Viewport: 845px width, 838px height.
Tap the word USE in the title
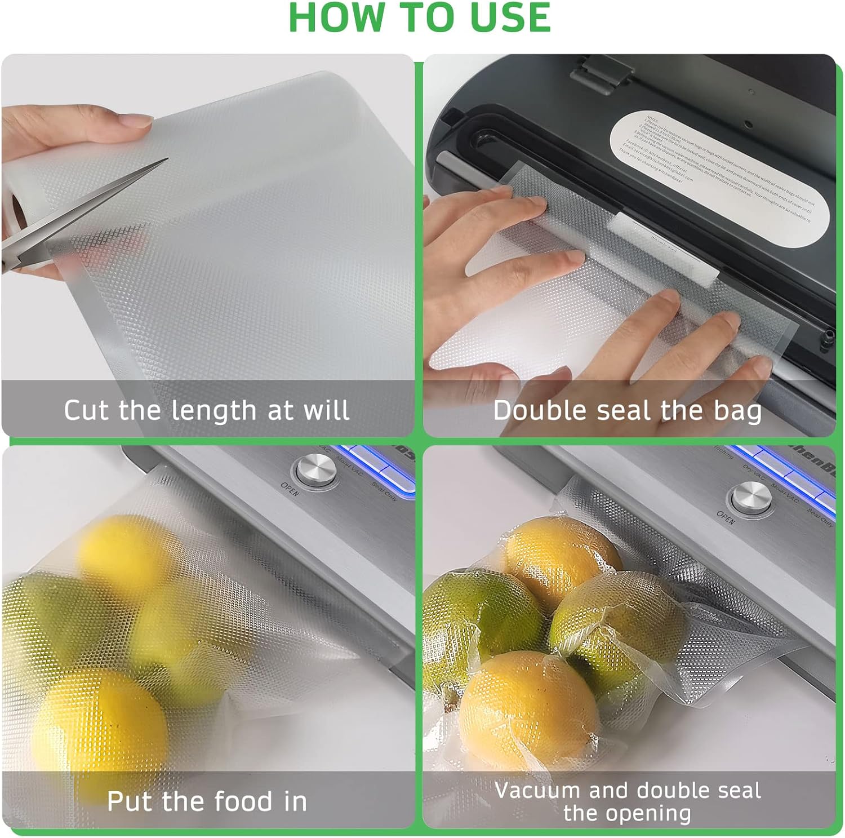click(x=509, y=18)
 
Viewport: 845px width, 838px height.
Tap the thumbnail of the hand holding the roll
click(x=138, y=121)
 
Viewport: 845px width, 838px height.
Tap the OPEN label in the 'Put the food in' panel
click(x=290, y=489)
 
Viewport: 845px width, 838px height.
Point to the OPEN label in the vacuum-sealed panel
click(x=726, y=517)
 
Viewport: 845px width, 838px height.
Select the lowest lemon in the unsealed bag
click(x=99, y=727)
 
